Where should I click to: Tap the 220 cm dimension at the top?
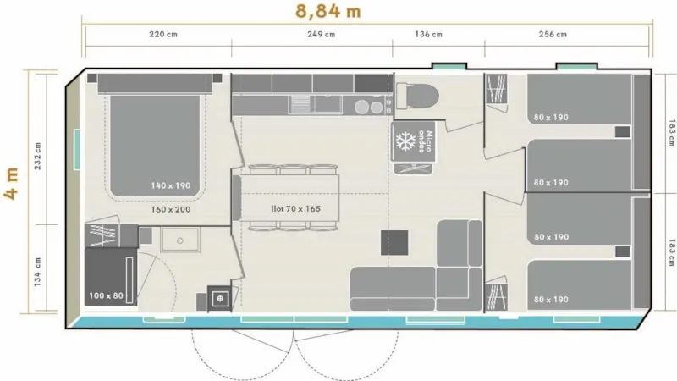point(164,35)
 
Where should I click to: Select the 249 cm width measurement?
point(320,35)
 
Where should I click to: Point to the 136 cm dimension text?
point(428,35)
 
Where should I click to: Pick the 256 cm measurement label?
point(552,35)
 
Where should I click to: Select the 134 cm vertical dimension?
point(36,271)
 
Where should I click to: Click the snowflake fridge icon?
point(407,141)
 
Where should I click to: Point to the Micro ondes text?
point(431,141)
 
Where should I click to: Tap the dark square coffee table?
point(394,243)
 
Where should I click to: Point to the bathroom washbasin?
point(179,240)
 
